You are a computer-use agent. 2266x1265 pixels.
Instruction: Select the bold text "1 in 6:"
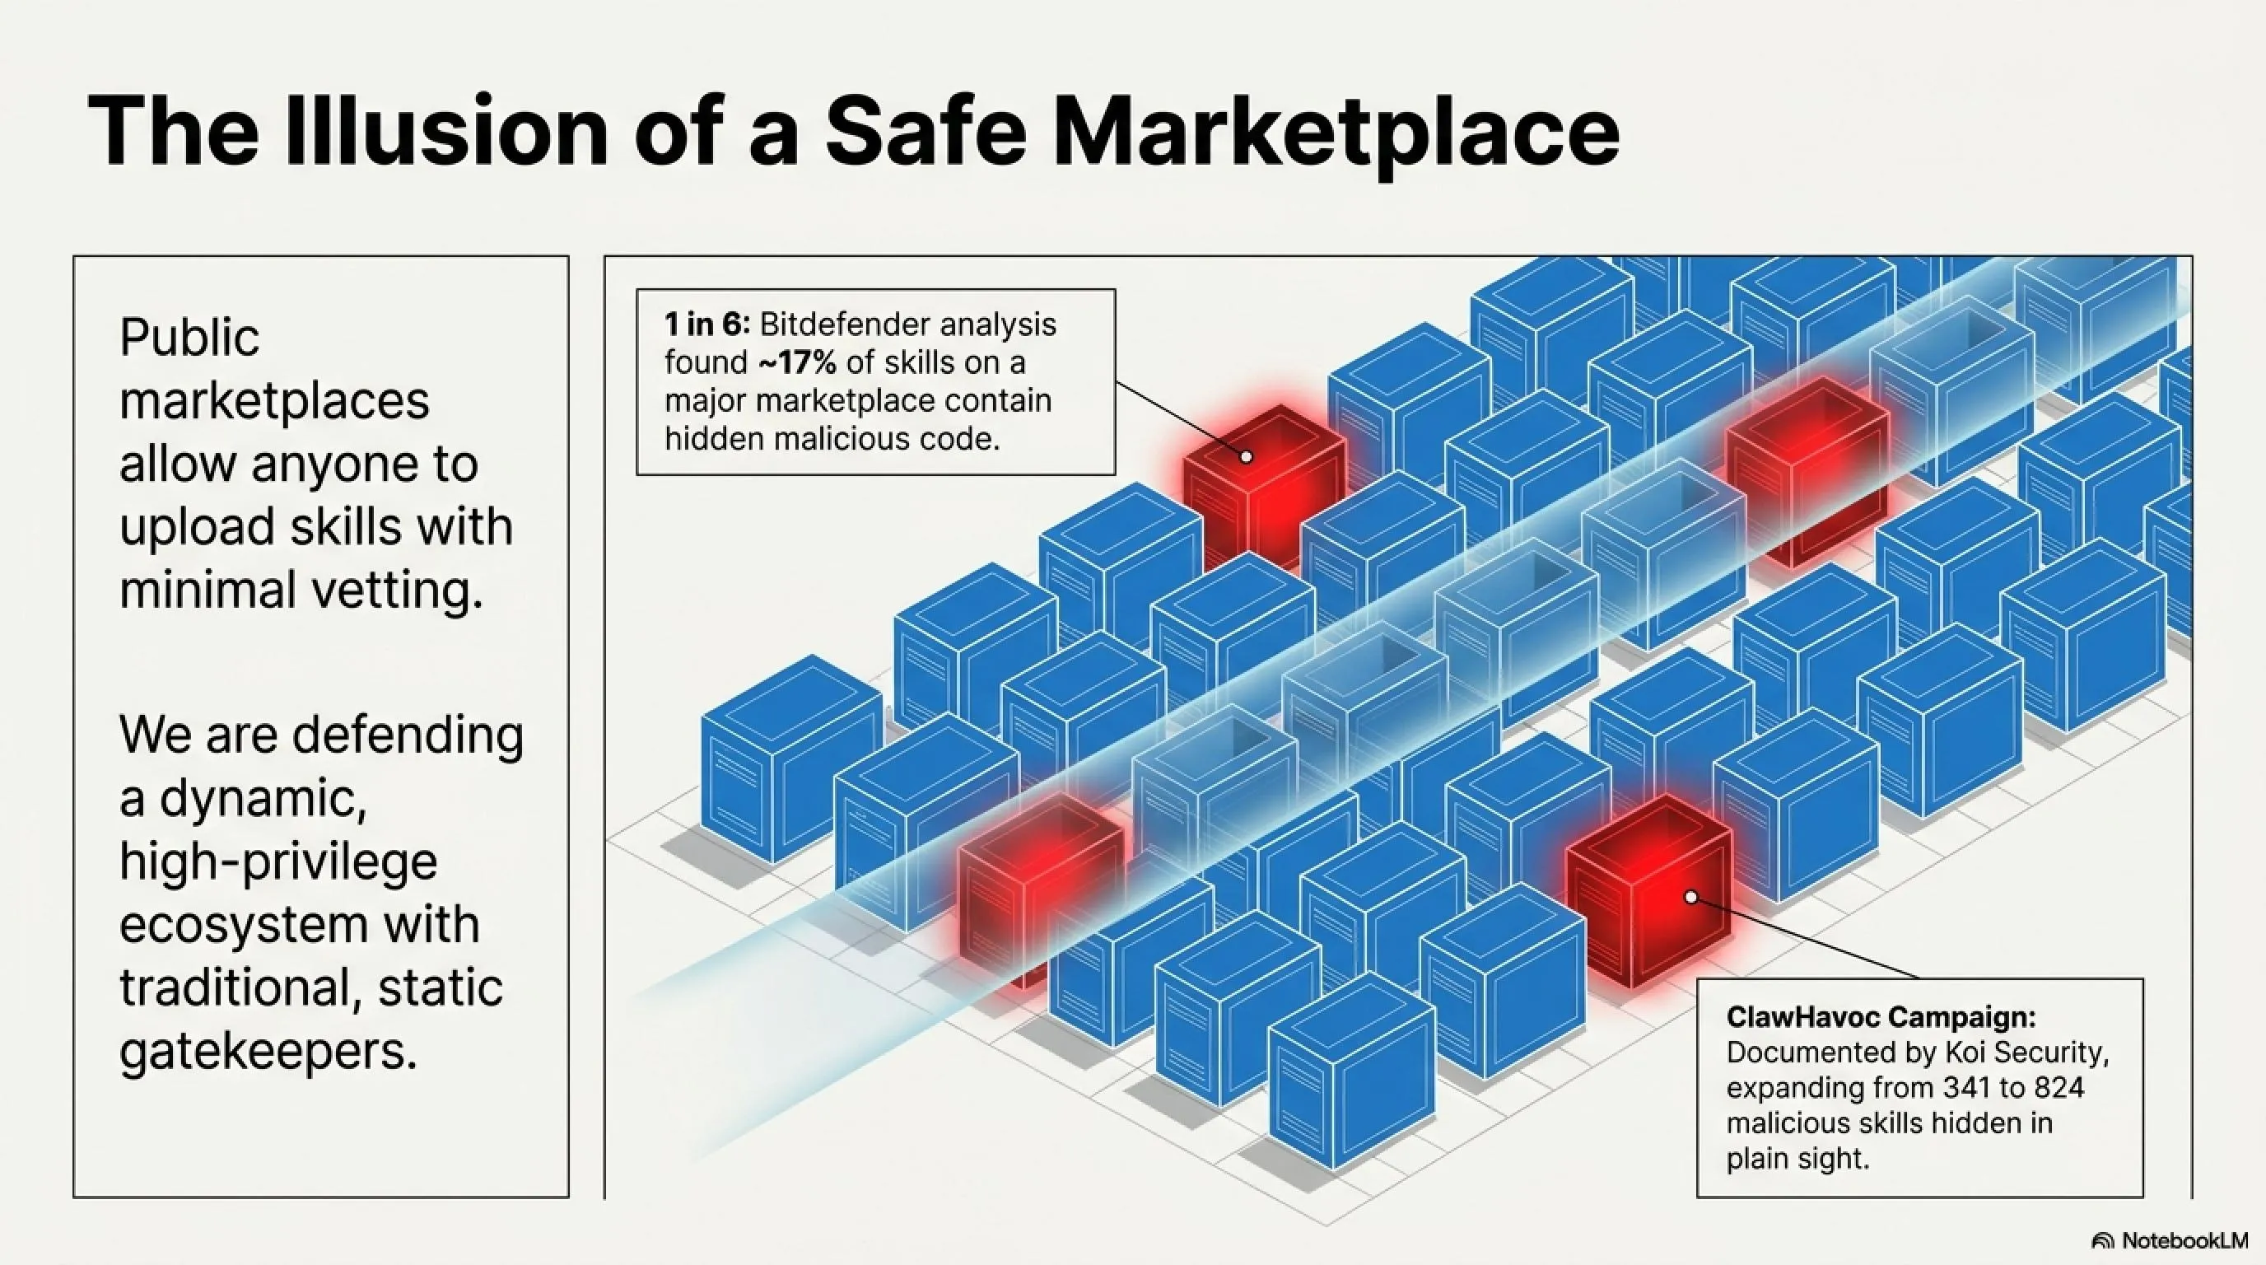tap(707, 324)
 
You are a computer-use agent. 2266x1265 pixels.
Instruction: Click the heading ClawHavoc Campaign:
tap(1881, 1018)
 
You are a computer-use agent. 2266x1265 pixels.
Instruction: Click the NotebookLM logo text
tap(2184, 1240)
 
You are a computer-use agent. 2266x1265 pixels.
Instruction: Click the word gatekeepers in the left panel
tap(268, 1051)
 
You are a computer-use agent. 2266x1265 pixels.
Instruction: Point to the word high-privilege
tap(278, 861)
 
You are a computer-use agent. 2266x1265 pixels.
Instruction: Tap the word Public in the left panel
tap(189, 337)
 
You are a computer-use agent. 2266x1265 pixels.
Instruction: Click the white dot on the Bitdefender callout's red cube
tap(1246, 456)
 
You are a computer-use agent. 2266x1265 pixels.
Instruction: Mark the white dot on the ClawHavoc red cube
tap(1690, 898)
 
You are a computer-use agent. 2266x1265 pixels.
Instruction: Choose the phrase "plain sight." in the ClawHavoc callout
tap(1797, 1160)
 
